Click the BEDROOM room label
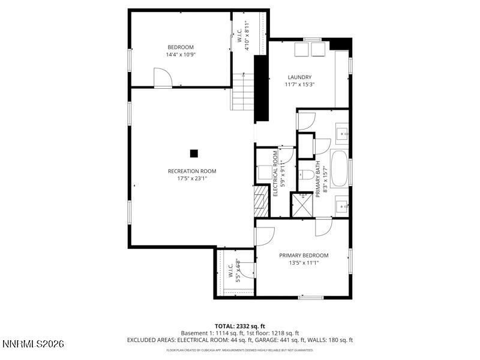[181, 47]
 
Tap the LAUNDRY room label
[299, 77]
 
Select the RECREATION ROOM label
[192, 171]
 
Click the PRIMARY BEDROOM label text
[304, 255]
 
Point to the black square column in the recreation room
[194, 153]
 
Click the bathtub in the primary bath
[339, 169]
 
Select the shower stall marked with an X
[302, 204]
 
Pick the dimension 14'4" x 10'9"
[181, 55]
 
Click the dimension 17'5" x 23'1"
[192, 178]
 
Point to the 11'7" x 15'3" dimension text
[299, 85]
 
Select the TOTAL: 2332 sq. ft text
[239, 326]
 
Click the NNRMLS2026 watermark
[34, 344]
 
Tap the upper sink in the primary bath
[342, 134]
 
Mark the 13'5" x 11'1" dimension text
[304, 262]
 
